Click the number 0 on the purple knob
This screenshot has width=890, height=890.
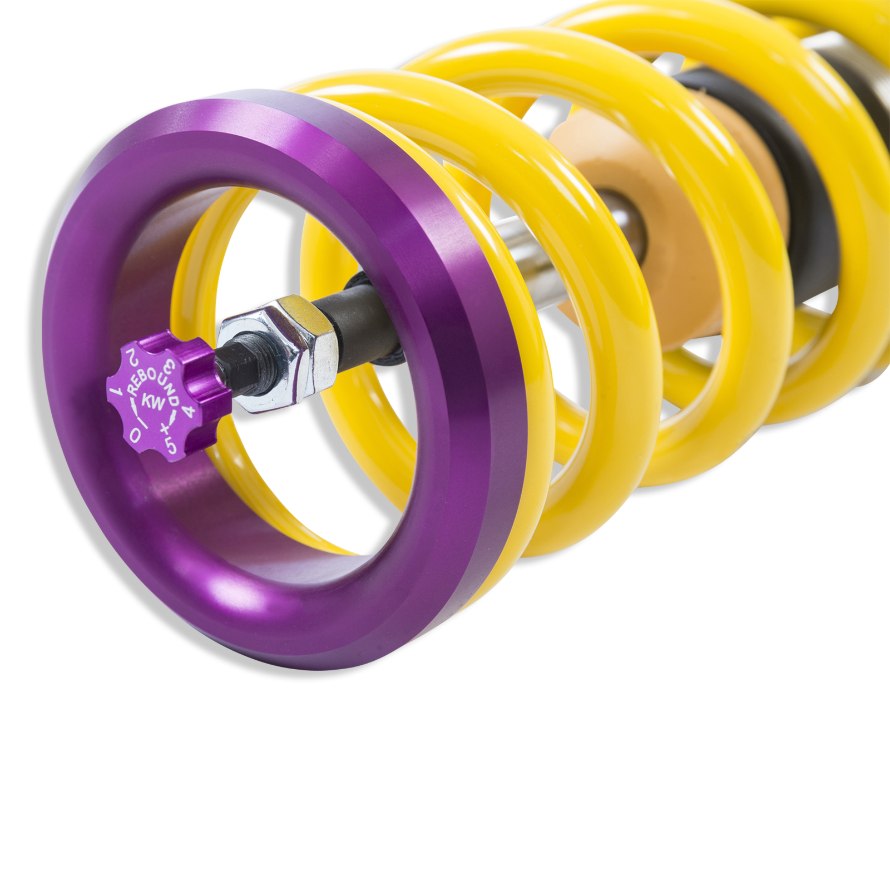coord(135,434)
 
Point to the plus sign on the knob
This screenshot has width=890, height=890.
coord(164,428)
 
